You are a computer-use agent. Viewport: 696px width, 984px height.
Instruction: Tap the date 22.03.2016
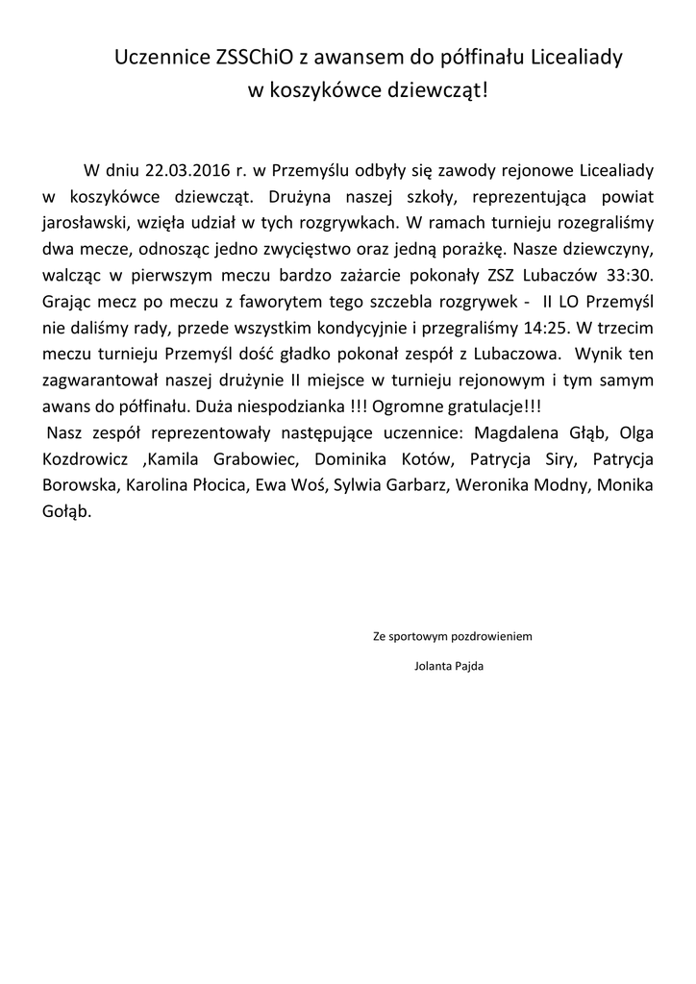coord(185,171)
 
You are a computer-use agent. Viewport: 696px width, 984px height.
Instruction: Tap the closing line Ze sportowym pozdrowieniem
coord(451,635)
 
